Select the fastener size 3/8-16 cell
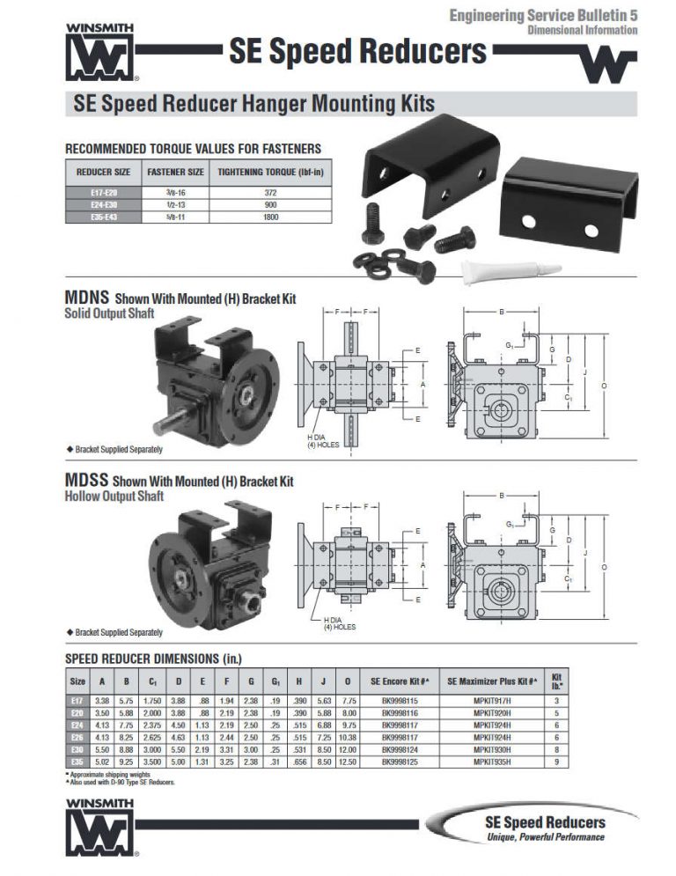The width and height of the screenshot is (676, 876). click(175, 191)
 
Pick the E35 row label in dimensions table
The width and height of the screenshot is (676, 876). click(77, 760)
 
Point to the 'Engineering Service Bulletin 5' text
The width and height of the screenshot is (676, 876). click(543, 15)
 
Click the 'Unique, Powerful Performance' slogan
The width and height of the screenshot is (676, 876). click(546, 837)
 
